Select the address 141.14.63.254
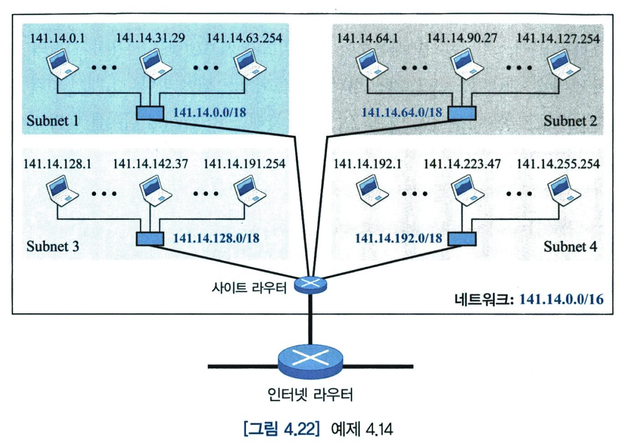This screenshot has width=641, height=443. click(x=244, y=38)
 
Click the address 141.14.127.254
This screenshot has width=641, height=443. click(x=558, y=38)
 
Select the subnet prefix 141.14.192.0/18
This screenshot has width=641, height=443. click(x=399, y=239)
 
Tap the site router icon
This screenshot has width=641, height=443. click(x=310, y=284)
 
